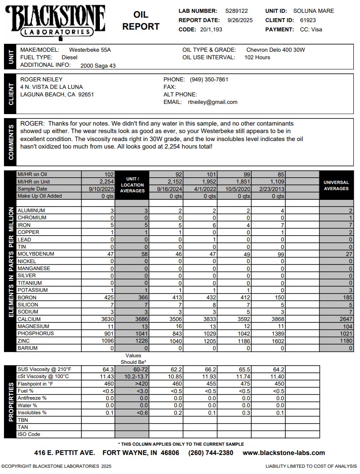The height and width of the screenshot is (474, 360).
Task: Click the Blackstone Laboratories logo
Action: (55, 20)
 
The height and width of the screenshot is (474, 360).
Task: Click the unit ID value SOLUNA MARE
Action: (314, 11)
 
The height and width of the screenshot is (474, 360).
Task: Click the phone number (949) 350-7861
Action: (209, 80)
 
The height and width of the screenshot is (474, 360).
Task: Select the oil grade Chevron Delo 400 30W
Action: (276, 50)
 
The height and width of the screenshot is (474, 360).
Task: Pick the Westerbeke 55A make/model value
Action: (90, 50)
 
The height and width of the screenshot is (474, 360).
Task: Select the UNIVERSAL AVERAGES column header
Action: (336, 185)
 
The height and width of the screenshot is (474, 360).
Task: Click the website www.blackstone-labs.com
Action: (284, 453)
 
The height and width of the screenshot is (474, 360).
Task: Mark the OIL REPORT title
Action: (141, 21)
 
